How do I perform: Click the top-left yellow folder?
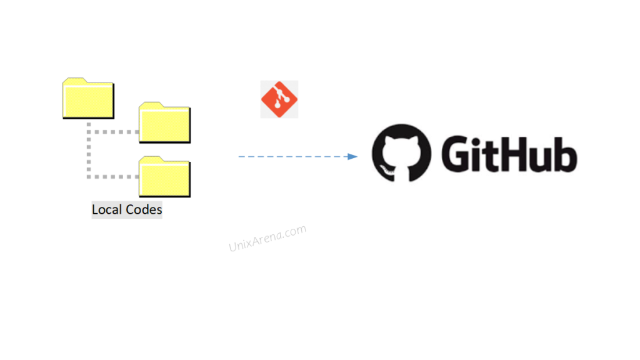[x=88, y=98]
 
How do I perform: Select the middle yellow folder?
[x=164, y=122]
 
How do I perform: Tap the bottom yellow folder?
[x=164, y=177]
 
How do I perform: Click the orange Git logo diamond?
[x=279, y=99]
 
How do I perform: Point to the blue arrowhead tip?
[x=357, y=156]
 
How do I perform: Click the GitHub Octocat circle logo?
[x=401, y=153]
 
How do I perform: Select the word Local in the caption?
[x=107, y=209]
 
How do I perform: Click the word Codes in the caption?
[x=144, y=209]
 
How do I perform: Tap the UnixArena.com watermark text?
[x=267, y=238]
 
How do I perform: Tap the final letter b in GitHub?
[x=564, y=154]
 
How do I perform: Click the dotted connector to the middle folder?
[x=113, y=132]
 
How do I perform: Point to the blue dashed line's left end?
[x=239, y=157]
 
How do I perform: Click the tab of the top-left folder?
[x=75, y=81]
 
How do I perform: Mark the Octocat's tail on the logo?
[x=387, y=170]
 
